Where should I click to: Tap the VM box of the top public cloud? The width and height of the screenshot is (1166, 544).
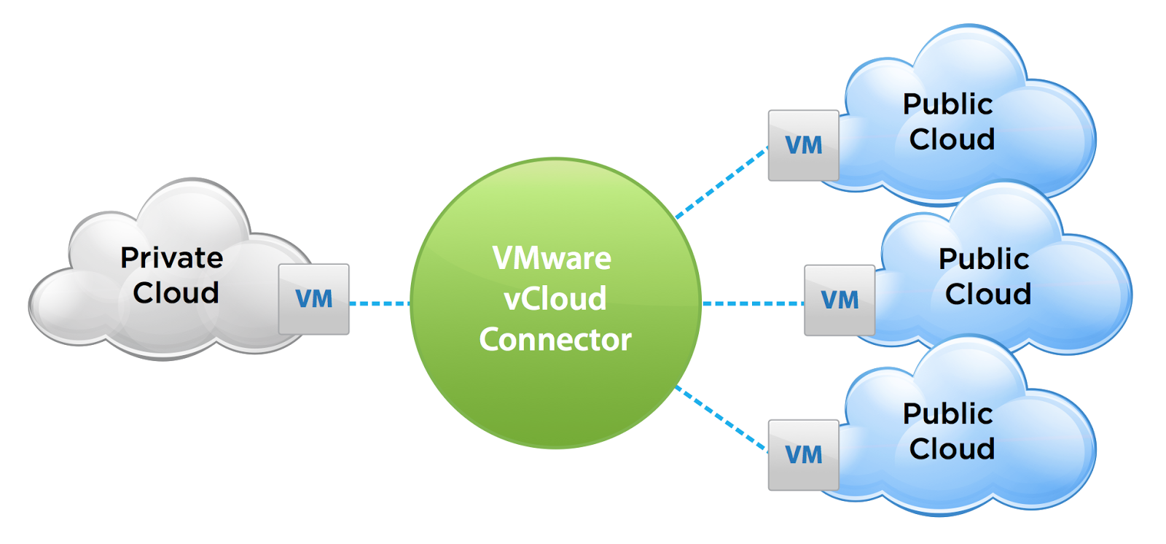(x=803, y=145)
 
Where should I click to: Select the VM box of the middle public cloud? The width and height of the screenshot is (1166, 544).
(x=839, y=300)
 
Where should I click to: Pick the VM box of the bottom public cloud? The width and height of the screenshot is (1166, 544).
(x=803, y=454)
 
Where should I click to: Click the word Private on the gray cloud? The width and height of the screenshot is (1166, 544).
(x=172, y=258)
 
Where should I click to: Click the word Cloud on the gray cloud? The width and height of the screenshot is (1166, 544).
(x=176, y=293)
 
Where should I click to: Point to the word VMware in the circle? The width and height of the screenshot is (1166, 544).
(x=552, y=258)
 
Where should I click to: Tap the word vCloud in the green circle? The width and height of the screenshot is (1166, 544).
(x=555, y=299)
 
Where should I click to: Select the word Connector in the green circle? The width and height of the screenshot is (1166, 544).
(x=555, y=340)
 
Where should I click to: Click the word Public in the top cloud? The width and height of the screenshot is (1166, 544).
(x=947, y=104)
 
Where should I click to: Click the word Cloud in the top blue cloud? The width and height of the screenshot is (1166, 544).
(x=952, y=139)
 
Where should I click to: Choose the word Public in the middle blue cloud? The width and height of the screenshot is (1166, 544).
(x=983, y=259)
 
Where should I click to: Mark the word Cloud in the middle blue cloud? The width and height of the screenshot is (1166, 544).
(x=987, y=295)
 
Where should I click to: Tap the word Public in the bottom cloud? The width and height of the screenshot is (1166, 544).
(x=947, y=414)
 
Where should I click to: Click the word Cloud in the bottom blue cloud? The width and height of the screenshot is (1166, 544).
(x=952, y=449)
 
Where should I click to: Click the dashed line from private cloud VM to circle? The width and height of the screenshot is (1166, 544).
(x=379, y=303)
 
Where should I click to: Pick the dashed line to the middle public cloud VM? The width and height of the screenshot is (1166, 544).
(x=752, y=303)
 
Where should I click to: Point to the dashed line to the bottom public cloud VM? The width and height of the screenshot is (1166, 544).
(x=721, y=419)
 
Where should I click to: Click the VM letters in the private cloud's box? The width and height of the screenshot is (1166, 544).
(x=314, y=299)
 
